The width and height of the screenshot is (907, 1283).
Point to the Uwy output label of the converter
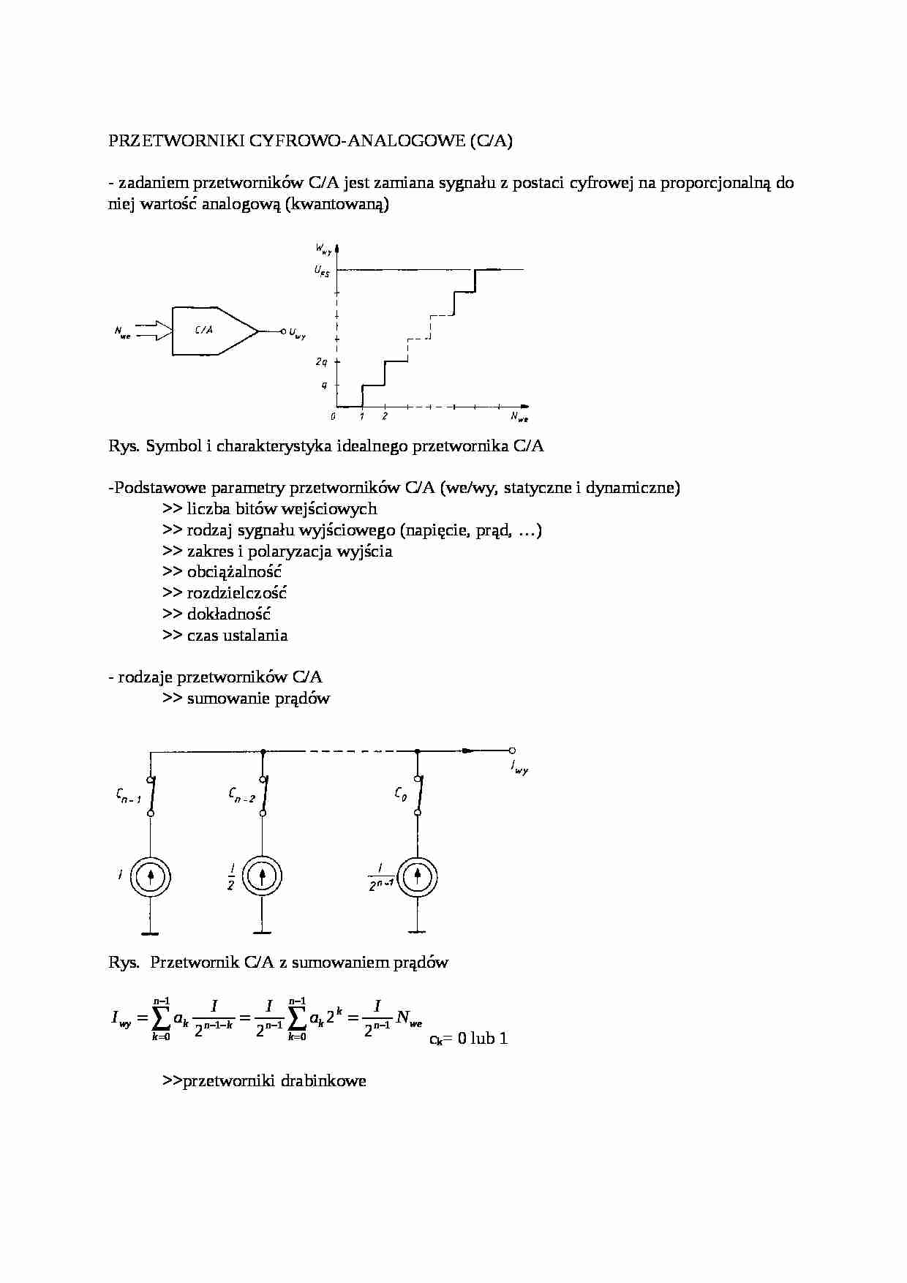pyautogui.click(x=297, y=334)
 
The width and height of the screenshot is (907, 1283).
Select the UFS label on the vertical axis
pyautogui.click(x=322, y=271)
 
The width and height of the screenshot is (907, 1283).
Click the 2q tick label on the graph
pyautogui.click(x=322, y=362)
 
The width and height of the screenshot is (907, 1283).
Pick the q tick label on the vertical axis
pyautogui.click(x=325, y=385)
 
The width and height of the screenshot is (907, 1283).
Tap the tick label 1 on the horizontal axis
pyautogui.click(x=362, y=417)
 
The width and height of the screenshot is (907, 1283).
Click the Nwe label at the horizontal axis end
pyautogui.click(x=519, y=417)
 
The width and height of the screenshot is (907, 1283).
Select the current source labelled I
pyautogui.click(x=151, y=876)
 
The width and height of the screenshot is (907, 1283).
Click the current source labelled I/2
pyautogui.click(x=262, y=876)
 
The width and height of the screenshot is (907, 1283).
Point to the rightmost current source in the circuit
pyautogui.click(x=418, y=876)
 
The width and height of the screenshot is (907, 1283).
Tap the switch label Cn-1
pyautogui.click(x=127, y=797)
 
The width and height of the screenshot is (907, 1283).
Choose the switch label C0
pyautogui.click(x=400, y=794)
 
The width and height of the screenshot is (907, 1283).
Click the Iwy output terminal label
pyautogui.click(x=519, y=768)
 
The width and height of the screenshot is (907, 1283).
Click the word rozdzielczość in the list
pyautogui.click(x=236, y=593)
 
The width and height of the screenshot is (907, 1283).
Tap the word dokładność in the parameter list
pyautogui.click(x=228, y=614)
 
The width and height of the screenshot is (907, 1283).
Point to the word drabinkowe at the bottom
pyautogui.click(x=323, y=1081)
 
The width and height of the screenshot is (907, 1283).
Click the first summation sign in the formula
pyautogui.click(x=161, y=1017)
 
